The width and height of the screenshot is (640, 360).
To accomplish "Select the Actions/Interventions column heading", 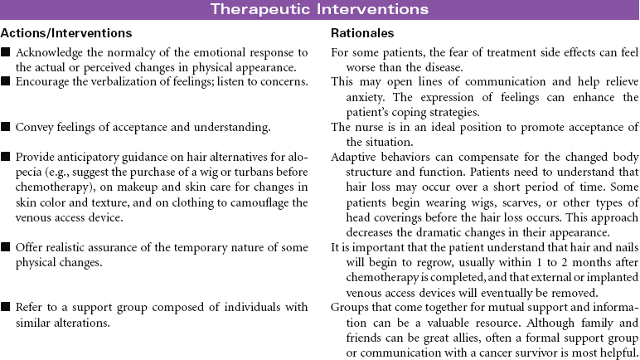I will tap(66, 33).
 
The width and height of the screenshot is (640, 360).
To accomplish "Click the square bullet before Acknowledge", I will tap(6, 51).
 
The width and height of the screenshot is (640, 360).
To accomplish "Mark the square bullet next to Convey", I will tap(6, 127).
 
